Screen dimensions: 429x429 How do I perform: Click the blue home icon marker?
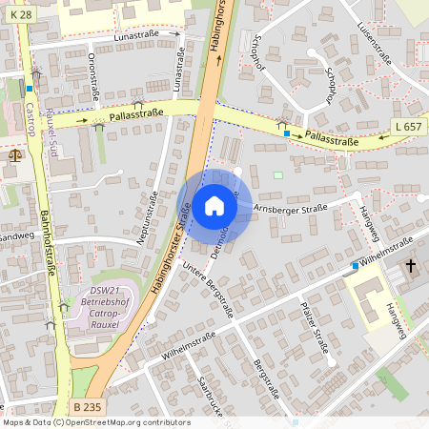pyautogui.click(x=214, y=206)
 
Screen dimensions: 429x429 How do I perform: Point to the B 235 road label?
pyautogui.click(x=89, y=407)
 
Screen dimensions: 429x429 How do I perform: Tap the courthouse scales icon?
pyautogui.click(x=13, y=153)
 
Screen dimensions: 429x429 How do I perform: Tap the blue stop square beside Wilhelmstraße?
pyautogui.click(x=355, y=265)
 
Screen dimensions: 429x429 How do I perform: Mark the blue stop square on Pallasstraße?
pyautogui.click(x=287, y=133)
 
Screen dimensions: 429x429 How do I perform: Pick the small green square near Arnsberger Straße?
pyautogui.click(x=278, y=174)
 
